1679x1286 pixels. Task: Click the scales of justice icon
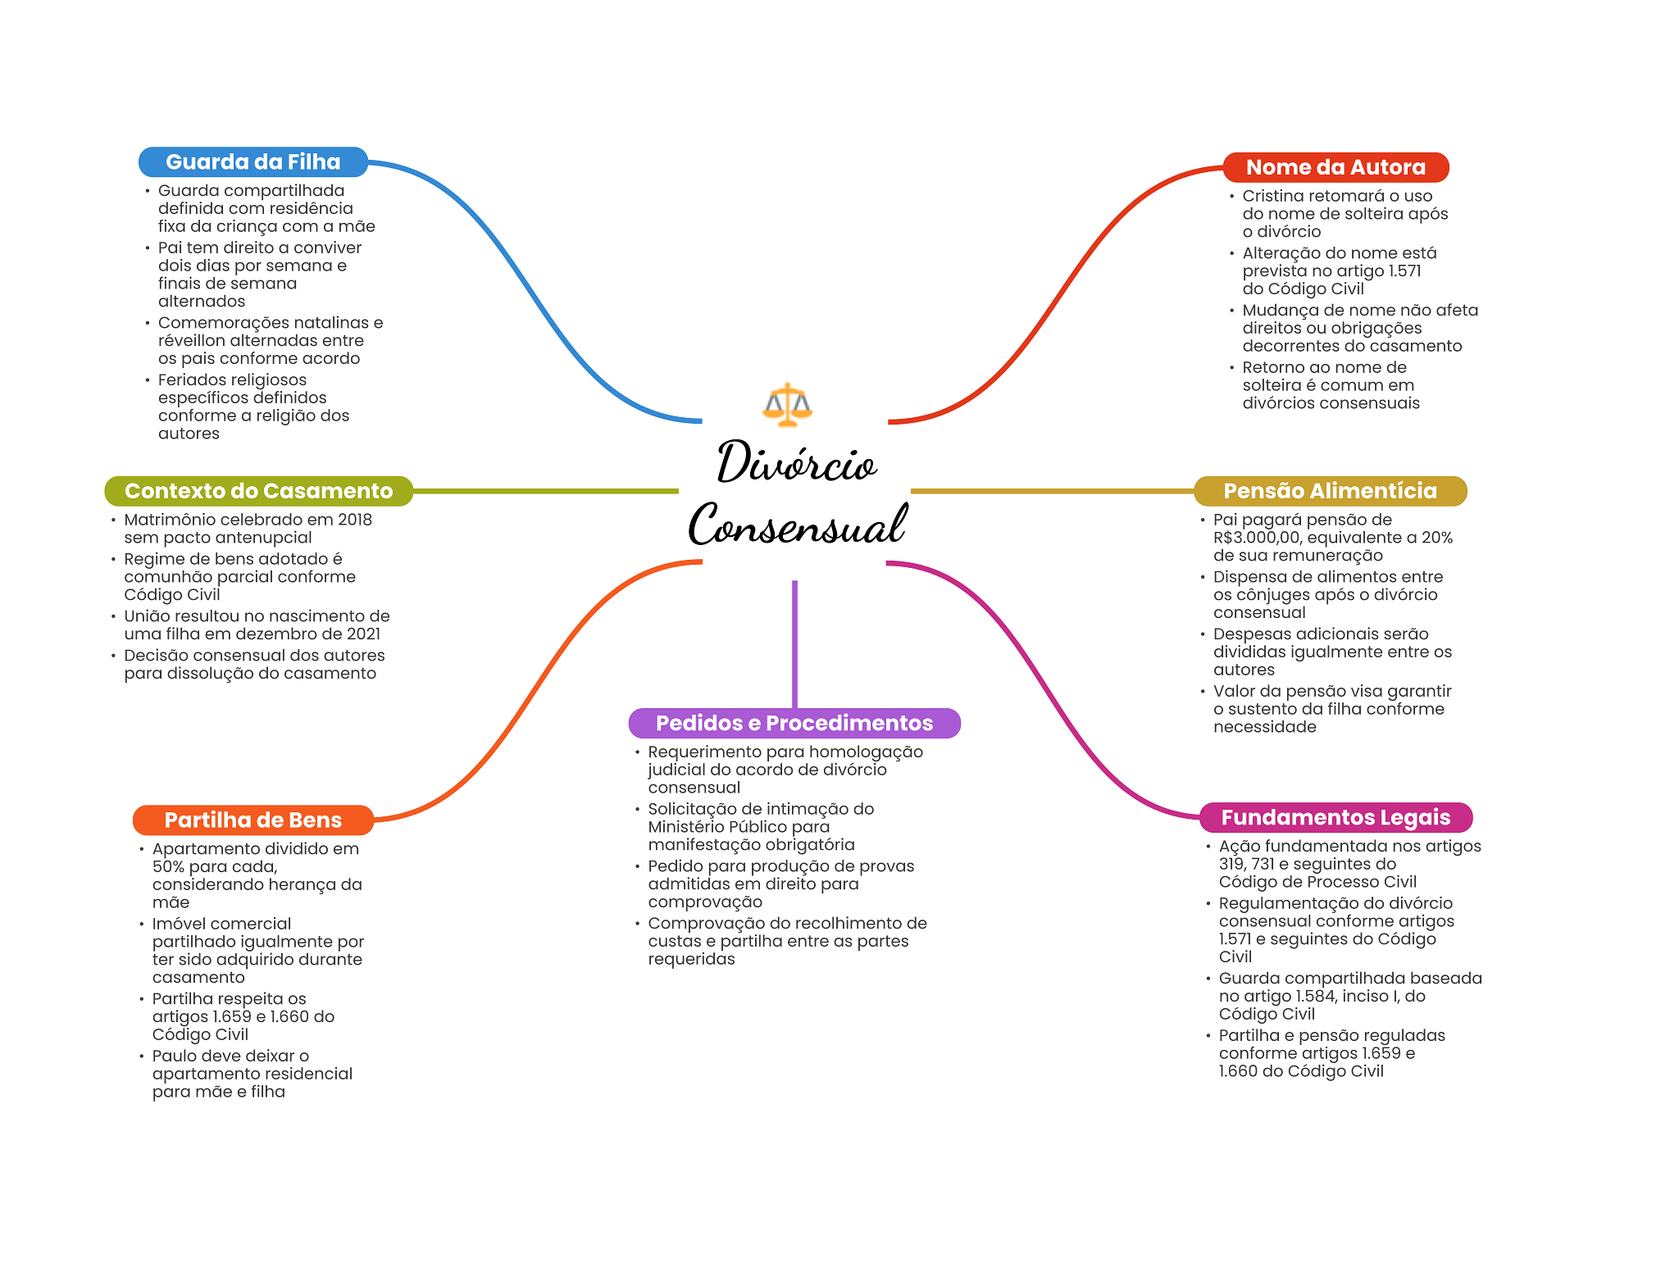[x=787, y=404]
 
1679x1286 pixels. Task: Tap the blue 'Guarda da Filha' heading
[x=253, y=162]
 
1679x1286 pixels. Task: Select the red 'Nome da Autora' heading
[x=1335, y=167]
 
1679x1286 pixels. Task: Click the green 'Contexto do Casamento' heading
[x=258, y=491]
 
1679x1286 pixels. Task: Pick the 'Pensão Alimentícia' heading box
[x=1330, y=491]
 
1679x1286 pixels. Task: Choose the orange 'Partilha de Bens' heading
[x=253, y=820]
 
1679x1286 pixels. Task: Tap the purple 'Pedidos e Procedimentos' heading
[x=794, y=723]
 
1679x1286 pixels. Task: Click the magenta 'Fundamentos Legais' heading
[x=1335, y=817]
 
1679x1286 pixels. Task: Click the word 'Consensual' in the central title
[x=797, y=525]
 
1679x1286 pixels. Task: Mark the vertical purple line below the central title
[x=794, y=643]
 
